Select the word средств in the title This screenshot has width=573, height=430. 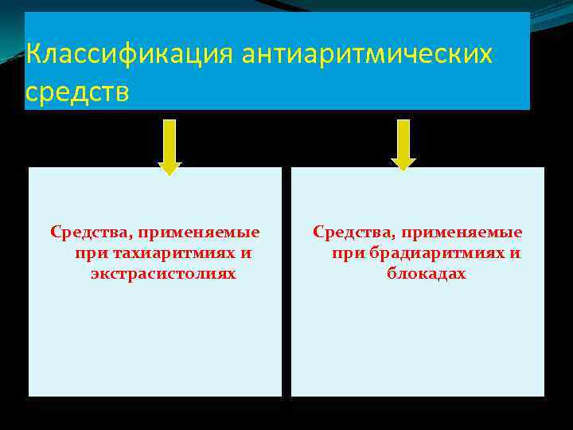tap(76, 92)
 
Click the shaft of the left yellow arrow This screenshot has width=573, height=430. tap(170, 140)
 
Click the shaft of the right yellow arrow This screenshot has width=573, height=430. tap(403, 140)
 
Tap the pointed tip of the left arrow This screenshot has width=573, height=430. tap(170, 171)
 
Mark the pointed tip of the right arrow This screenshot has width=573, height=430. tap(403, 167)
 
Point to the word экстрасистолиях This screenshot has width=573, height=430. tap(163, 273)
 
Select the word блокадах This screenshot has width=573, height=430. tap(427, 273)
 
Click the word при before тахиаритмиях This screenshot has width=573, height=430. tap(88, 254)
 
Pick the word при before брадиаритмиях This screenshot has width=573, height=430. tap(347, 254)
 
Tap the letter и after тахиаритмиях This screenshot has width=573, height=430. tap(246, 253)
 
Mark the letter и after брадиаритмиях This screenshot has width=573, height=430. tap(516, 253)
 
